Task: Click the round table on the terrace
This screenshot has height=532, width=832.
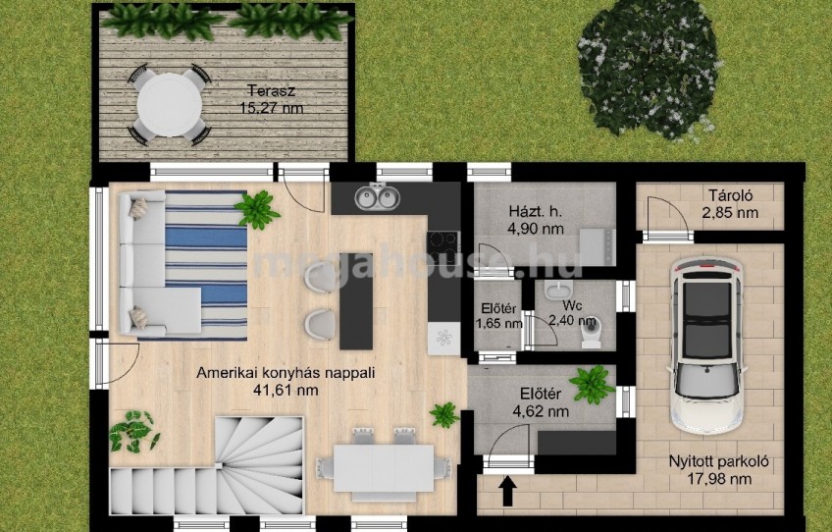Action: [x=170, y=105]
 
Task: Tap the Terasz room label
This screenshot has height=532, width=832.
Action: [x=271, y=91]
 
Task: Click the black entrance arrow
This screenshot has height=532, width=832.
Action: [x=508, y=490]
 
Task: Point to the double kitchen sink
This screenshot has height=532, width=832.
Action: [x=377, y=197]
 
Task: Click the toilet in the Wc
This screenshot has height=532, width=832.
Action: [x=591, y=332]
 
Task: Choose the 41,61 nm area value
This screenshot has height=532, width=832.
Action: [x=286, y=391]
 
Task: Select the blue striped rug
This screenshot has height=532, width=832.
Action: [x=206, y=265]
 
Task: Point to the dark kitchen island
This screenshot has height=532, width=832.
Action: [x=356, y=301]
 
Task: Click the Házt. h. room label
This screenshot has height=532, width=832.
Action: [x=535, y=211]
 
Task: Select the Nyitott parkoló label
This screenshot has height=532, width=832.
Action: [x=718, y=462]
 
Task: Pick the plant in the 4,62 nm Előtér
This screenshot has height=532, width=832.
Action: [x=592, y=385]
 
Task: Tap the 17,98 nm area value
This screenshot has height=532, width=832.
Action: [x=718, y=479]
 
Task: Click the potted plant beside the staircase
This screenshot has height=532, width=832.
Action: [x=133, y=431]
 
